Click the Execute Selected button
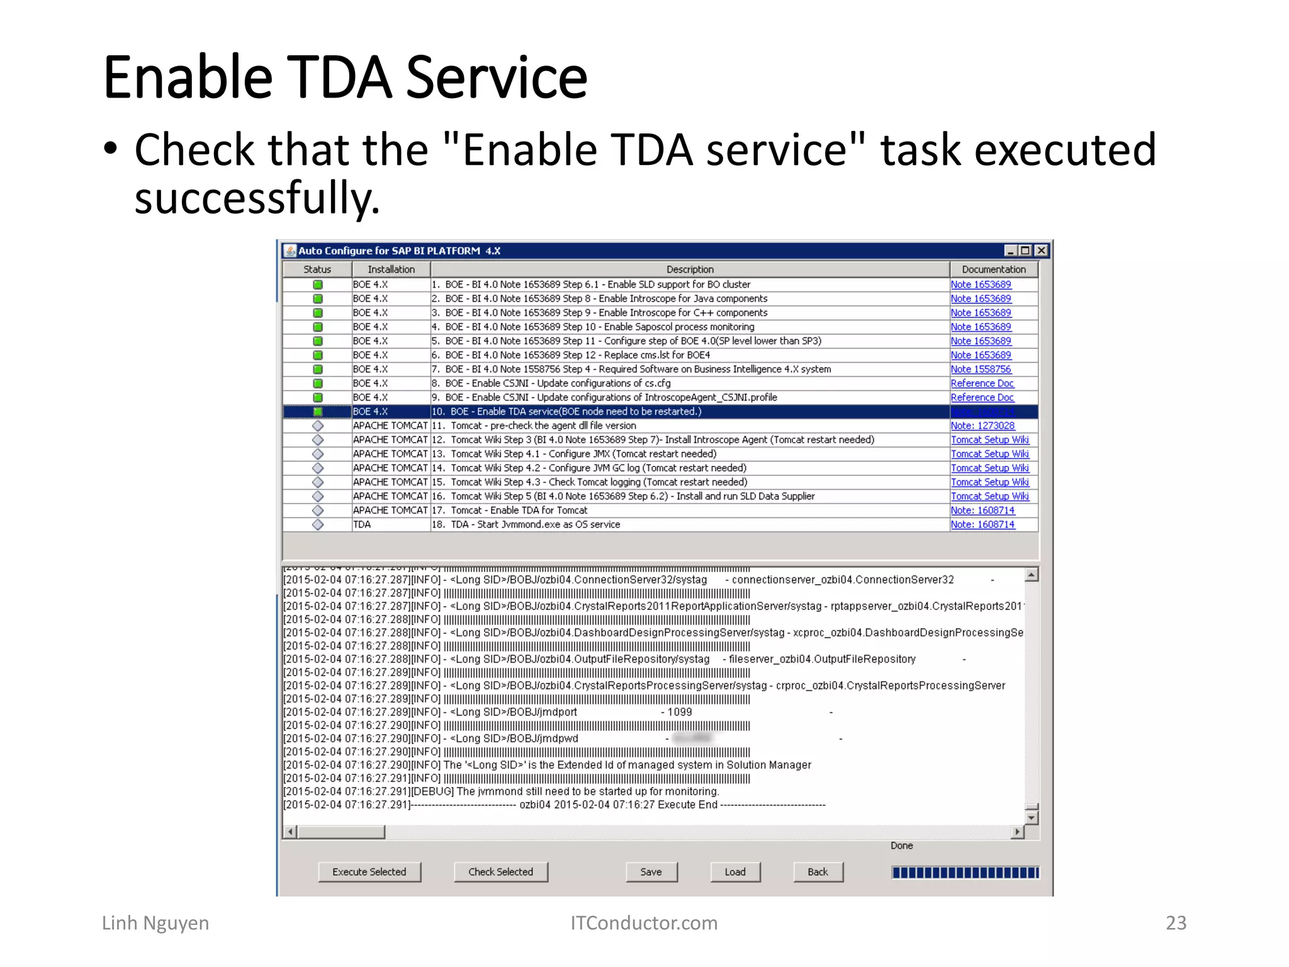click(x=369, y=872)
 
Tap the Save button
click(x=651, y=872)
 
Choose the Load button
click(x=735, y=872)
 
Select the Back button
click(x=818, y=872)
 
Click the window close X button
click(x=1042, y=251)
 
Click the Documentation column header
click(x=993, y=269)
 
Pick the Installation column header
click(x=391, y=269)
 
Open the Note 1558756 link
click(x=981, y=370)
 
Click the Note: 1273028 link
click(x=982, y=426)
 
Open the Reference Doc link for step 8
click(x=982, y=383)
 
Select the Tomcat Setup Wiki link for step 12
click(x=989, y=440)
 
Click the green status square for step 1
click(x=318, y=285)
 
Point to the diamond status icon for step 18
click(x=318, y=524)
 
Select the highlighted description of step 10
click(x=575, y=412)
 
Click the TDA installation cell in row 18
click(x=363, y=524)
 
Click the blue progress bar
click(x=965, y=873)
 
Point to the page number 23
click(x=1176, y=923)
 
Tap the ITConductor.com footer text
click(x=644, y=923)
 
